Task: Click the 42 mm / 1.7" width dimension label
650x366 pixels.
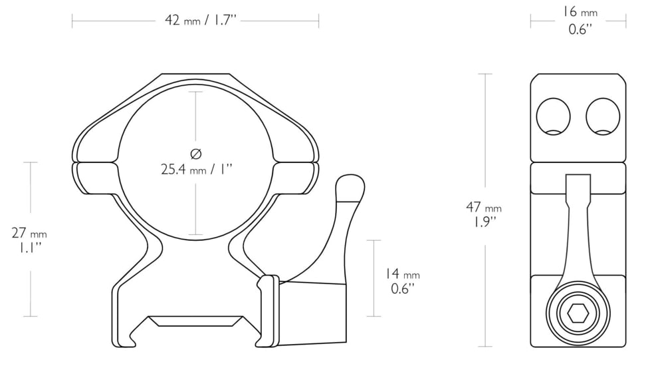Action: pos(201,21)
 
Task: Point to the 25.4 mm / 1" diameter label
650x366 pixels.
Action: pos(196,170)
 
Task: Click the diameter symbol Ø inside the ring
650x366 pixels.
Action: pos(195,154)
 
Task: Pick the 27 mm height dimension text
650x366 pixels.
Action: pos(29,233)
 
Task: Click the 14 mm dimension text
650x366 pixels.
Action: pos(402,274)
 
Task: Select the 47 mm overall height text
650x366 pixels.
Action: pos(484,208)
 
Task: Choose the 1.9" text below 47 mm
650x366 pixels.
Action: pos(483,222)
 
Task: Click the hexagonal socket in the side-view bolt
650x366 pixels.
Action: pos(577,312)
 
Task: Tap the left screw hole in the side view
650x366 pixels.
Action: pos(553,116)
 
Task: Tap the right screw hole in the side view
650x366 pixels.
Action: pos(602,116)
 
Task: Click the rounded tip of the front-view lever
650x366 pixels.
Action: pos(350,188)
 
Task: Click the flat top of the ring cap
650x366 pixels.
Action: pos(195,75)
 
